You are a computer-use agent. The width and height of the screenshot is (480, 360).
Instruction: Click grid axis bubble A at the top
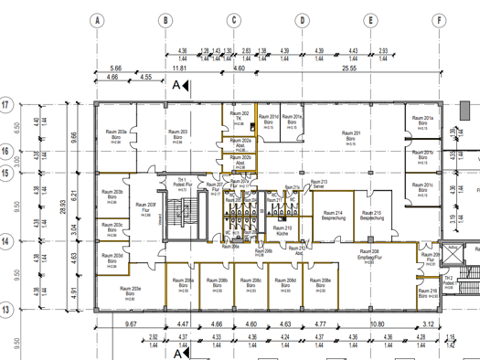click(x=96, y=19)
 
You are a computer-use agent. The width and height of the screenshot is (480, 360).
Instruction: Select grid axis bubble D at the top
click(x=302, y=19)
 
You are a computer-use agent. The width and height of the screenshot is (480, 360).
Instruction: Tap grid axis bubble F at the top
click(x=440, y=19)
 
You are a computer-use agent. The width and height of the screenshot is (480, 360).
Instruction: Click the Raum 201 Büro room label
click(x=349, y=135)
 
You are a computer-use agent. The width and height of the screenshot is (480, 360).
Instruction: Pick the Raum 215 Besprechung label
click(x=371, y=216)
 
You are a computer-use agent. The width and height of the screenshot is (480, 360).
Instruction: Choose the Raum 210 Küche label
click(x=283, y=230)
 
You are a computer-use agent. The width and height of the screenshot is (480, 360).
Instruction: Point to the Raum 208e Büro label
click(x=320, y=282)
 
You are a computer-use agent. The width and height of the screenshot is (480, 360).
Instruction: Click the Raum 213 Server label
click(x=318, y=183)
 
